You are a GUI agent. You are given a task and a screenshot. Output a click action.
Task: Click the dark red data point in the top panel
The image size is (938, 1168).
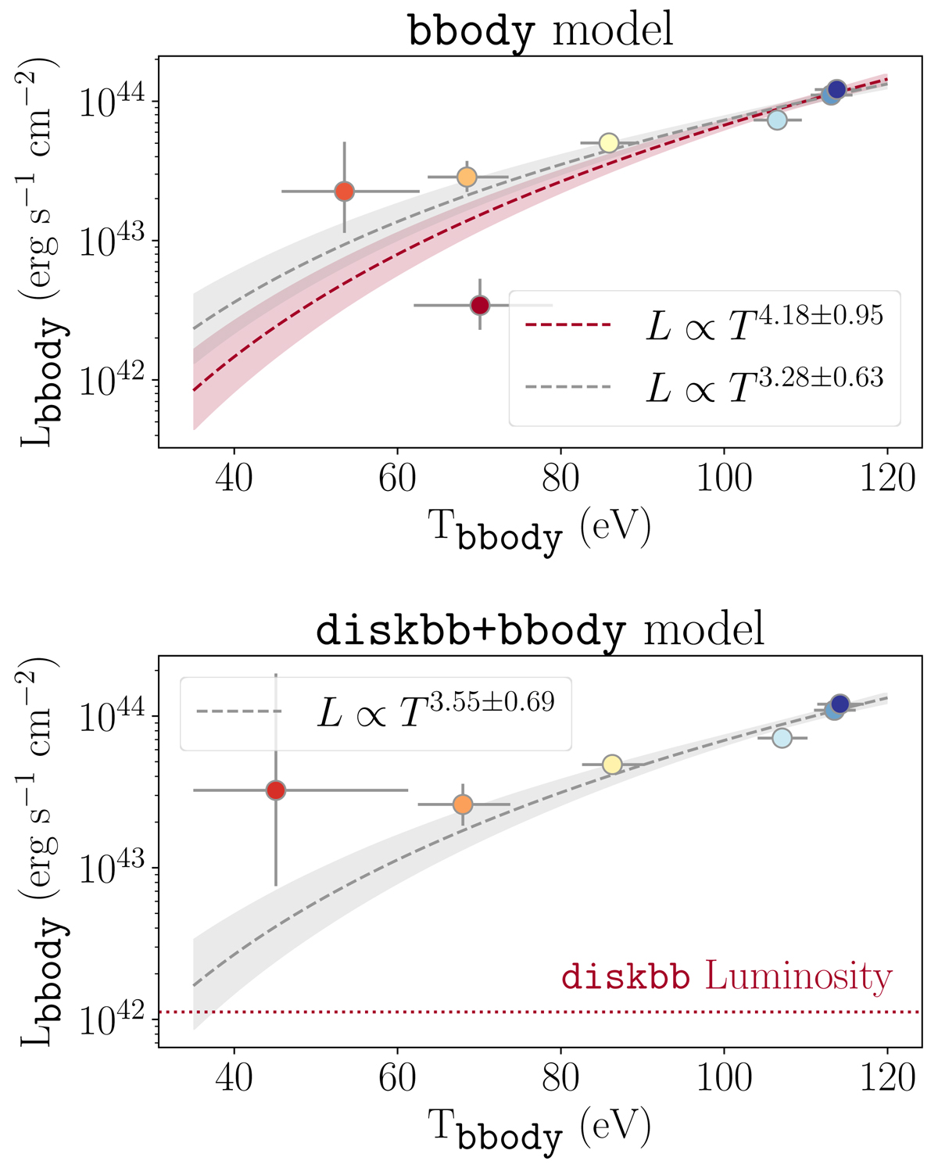pyautogui.click(x=480, y=305)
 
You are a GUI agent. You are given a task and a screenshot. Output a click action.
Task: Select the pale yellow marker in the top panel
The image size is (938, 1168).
pyautogui.click(x=609, y=143)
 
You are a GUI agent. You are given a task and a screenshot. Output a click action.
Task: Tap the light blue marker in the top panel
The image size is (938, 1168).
pyautogui.click(x=777, y=120)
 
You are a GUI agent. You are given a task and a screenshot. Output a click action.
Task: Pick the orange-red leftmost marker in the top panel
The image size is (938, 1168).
pyautogui.click(x=344, y=192)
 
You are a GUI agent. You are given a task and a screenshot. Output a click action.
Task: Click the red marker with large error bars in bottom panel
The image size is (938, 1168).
pyautogui.click(x=275, y=790)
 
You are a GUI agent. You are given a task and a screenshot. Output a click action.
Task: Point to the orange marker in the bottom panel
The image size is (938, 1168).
pyautogui.click(x=463, y=804)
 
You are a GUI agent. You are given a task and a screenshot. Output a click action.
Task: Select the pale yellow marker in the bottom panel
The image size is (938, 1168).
pyautogui.click(x=612, y=764)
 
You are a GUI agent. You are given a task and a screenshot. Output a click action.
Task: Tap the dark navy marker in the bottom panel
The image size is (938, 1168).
pyautogui.click(x=840, y=704)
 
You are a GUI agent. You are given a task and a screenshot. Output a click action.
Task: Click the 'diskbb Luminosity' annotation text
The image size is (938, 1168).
pyautogui.click(x=726, y=977)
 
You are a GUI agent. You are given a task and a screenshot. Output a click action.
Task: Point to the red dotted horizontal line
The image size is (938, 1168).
pyautogui.click(x=469, y=1012)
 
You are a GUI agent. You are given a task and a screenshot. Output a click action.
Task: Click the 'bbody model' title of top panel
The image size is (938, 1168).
pyautogui.click(x=540, y=31)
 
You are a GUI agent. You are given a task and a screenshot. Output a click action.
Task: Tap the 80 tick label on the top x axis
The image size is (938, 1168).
pyautogui.click(x=560, y=478)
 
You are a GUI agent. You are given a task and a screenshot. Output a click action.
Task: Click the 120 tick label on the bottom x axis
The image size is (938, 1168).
pyautogui.click(x=887, y=1078)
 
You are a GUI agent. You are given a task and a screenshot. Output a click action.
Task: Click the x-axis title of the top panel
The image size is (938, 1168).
pyautogui.click(x=539, y=530)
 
